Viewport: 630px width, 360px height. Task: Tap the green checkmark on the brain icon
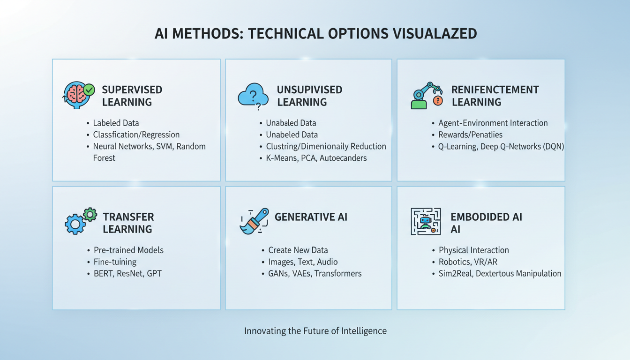point(89,90)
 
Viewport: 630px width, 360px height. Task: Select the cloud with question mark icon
point(253,96)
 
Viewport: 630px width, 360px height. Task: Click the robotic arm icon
point(427,95)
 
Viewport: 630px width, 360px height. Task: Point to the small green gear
point(90,215)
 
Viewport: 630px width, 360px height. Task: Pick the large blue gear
point(75,224)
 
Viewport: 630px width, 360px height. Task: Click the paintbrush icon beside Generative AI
point(254,221)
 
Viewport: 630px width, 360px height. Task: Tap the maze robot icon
point(426,221)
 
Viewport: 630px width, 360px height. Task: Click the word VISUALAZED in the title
point(435,34)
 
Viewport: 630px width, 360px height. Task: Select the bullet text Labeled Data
point(116,123)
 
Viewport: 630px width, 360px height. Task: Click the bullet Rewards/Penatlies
point(470,135)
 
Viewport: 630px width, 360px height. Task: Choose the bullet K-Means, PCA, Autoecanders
point(316,158)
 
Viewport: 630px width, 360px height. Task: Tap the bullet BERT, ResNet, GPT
point(127,274)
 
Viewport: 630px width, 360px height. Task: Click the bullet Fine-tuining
point(115,262)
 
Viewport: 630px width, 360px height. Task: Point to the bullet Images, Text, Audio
point(303,262)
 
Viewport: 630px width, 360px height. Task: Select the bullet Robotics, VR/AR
point(468,262)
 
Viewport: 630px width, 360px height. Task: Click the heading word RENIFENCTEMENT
point(495,90)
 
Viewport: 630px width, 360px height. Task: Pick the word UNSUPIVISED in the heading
point(310,90)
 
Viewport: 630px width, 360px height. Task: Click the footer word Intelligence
point(364,331)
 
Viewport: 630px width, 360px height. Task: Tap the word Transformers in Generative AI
point(338,274)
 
